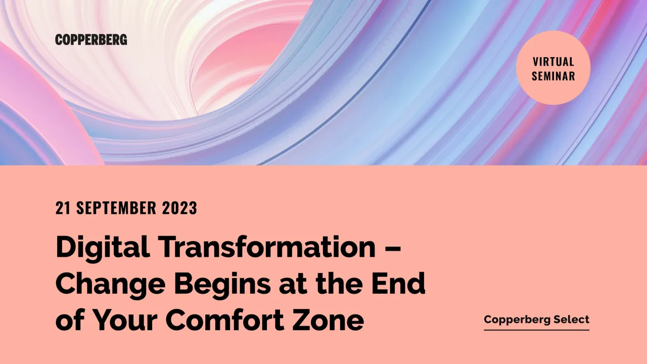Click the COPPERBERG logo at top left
91,39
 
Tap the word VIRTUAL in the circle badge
553,62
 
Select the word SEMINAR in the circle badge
553,76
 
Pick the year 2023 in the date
180,208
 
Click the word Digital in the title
103,248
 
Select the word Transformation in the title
266,248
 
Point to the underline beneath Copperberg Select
536,330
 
